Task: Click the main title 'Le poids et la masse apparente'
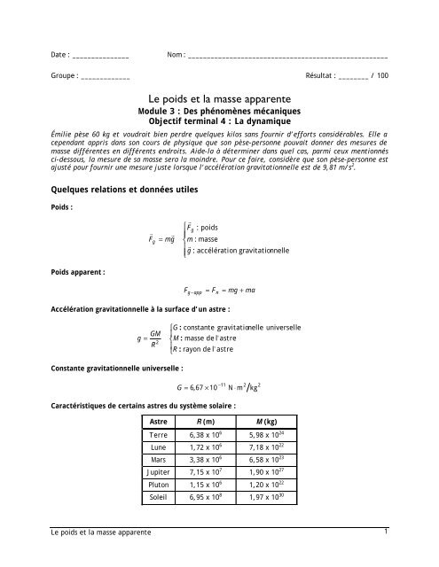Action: pyautogui.click(x=219, y=101)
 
